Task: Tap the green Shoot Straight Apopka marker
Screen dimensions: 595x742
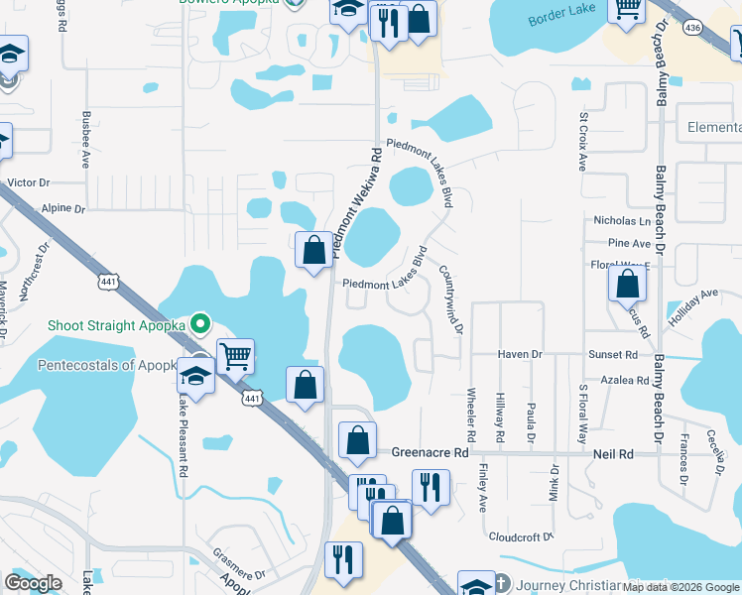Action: [199, 323]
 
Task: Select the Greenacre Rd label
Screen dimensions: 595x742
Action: [429, 452]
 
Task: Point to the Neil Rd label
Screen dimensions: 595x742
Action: [614, 452]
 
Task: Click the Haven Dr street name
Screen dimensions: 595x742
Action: [520, 354]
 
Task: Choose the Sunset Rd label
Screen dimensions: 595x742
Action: [612, 354]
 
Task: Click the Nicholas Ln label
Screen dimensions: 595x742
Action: [622, 220]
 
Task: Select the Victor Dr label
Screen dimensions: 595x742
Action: [28, 182]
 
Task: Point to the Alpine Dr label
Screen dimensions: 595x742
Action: [64, 209]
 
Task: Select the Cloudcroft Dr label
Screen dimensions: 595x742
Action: [520, 536]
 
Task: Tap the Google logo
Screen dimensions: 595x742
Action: [33, 583]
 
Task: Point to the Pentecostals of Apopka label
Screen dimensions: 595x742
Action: [107, 365]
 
